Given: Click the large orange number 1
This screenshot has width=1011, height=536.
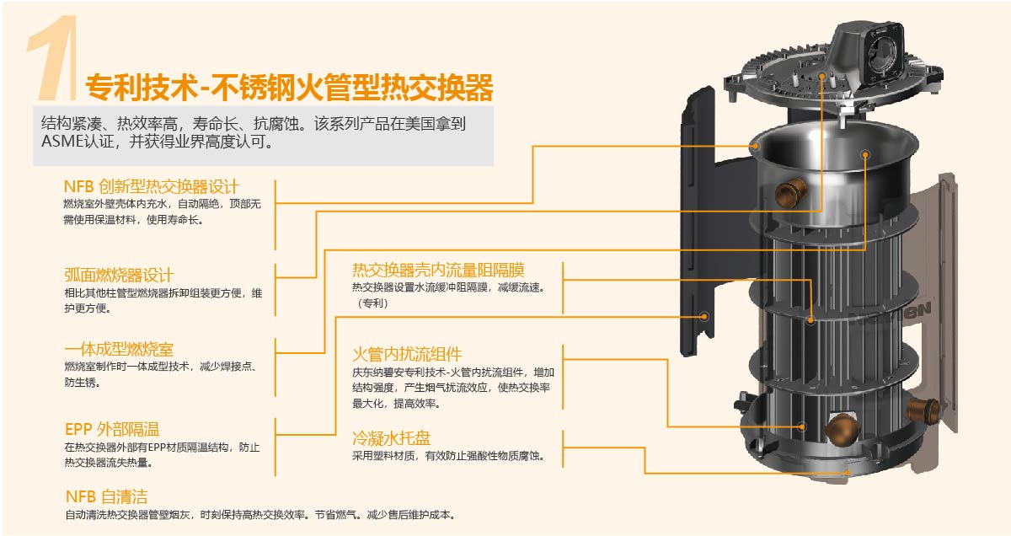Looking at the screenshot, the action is click(x=53, y=57).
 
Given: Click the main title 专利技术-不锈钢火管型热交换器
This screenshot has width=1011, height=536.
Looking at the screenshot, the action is click(x=289, y=88).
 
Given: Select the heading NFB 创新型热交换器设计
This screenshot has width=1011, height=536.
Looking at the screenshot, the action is click(x=151, y=186).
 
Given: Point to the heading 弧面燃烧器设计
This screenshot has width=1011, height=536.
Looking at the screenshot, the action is click(x=119, y=275).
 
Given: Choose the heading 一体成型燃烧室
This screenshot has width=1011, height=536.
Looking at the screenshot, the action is click(x=119, y=349).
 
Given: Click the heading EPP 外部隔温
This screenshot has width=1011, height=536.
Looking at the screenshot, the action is click(x=112, y=429).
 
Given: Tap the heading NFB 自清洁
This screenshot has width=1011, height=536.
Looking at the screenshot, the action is click(x=106, y=496).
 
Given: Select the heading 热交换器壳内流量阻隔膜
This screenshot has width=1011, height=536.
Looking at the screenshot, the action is click(x=438, y=270).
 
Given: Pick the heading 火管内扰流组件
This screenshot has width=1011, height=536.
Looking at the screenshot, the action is click(x=407, y=355).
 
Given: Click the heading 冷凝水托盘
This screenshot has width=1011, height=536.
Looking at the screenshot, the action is click(x=391, y=438).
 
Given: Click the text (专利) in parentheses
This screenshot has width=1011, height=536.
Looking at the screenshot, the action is click(x=372, y=303).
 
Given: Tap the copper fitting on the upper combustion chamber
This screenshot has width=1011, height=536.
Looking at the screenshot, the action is click(x=790, y=192).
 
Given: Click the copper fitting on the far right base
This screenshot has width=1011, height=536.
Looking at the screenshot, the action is click(x=923, y=410).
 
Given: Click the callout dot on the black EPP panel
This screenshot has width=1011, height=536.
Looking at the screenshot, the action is click(x=703, y=317).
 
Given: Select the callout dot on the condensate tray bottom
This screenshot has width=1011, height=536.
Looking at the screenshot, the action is click(x=848, y=473).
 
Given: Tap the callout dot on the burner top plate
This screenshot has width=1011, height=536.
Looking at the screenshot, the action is click(x=822, y=77).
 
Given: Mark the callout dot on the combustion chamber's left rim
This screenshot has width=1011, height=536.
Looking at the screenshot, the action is click(x=755, y=146).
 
